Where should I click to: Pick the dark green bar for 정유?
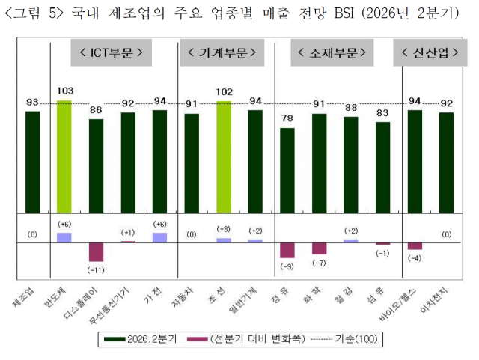[x=287, y=169]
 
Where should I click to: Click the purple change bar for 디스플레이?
[x=96, y=252]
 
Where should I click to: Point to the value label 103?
[x=64, y=91]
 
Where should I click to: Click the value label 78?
[x=287, y=118]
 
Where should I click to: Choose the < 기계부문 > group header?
[x=222, y=53]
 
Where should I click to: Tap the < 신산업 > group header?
[x=427, y=53]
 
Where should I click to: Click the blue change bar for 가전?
[x=159, y=237]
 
